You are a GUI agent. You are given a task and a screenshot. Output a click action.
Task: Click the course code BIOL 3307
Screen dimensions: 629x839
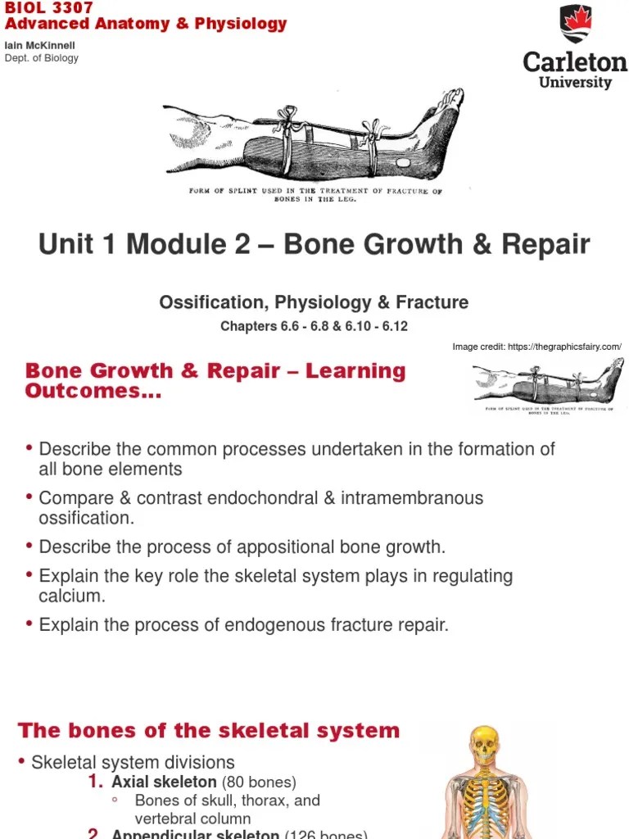[x=49, y=7]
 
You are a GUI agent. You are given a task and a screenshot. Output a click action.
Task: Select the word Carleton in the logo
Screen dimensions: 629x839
[x=575, y=62]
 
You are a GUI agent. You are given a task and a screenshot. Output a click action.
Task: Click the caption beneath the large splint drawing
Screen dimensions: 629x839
[x=315, y=195]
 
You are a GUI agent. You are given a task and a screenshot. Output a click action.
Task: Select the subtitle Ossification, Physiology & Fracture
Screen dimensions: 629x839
[x=314, y=302]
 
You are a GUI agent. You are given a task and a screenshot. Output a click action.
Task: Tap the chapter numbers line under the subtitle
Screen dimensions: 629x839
[x=314, y=326]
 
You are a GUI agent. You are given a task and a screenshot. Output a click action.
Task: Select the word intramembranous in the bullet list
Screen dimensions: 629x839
[x=414, y=498]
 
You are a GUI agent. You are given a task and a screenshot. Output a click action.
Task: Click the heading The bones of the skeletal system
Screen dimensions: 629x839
[x=209, y=731]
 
